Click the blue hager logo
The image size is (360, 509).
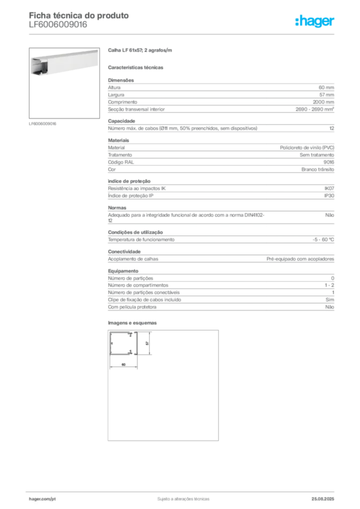[315, 21]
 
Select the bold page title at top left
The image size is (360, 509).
[79, 15]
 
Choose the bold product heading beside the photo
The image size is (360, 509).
[141, 50]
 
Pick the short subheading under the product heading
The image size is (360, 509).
[137, 67]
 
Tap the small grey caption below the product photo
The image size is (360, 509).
[44, 123]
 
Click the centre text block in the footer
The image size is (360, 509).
[182, 498]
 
